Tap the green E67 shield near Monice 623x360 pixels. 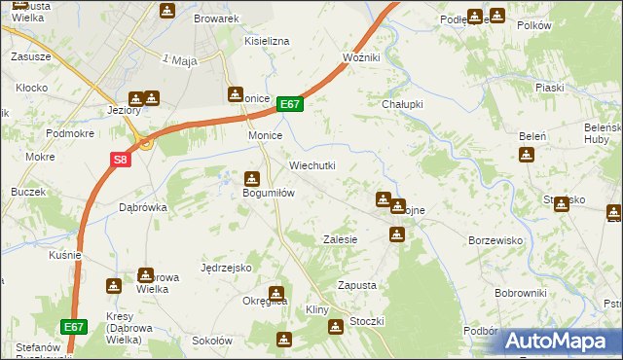click(290, 104)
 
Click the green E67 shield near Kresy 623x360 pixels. click(74, 328)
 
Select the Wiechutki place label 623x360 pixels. click(311, 165)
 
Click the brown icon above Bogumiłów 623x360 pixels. click(251, 178)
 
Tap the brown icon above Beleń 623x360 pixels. click(527, 154)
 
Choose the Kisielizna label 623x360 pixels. click(267, 42)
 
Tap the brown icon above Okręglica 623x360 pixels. click(277, 292)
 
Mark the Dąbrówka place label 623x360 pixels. click(143, 207)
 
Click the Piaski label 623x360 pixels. click(550, 88)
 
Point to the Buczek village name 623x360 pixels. click(28, 192)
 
